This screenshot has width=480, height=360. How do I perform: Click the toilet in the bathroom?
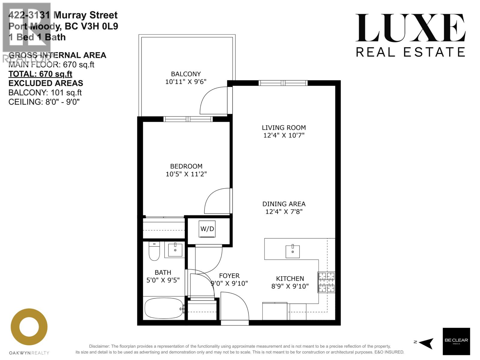pyautogui.click(x=154, y=251)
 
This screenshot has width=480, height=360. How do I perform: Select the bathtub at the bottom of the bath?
pyautogui.click(x=164, y=308)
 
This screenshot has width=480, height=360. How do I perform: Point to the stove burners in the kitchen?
pyautogui.click(x=326, y=282)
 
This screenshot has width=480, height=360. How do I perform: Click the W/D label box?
pyautogui.click(x=207, y=229)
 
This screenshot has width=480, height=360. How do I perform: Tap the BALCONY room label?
pyautogui.click(x=186, y=74)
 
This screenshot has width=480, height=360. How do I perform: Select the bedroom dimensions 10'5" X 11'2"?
pyautogui.click(x=186, y=174)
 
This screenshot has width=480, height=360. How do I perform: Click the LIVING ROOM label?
pyautogui.click(x=284, y=127)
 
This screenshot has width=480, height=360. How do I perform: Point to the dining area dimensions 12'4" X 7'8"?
pyautogui.click(x=284, y=211)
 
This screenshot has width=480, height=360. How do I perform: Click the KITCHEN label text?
pyautogui.click(x=290, y=278)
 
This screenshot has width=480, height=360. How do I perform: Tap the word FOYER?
pyautogui.click(x=229, y=275)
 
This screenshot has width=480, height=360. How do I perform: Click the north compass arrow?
pyautogui.click(x=426, y=342)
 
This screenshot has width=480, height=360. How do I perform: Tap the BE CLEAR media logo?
pyautogui.click(x=456, y=341)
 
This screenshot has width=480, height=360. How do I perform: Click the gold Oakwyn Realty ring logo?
pyautogui.click(x=29, y=327)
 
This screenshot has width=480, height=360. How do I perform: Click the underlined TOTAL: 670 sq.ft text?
pyautogui.click(x=40, y=74)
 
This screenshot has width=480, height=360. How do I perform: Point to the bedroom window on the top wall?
pyautogui.click(x=188, y=119)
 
